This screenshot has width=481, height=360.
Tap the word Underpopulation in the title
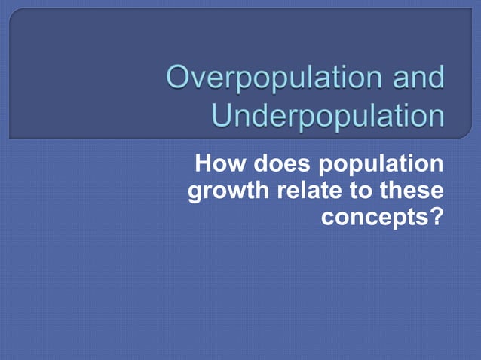coord(327,116)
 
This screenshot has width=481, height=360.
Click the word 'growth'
coord(228,192)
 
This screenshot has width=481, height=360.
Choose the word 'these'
coord(414,191)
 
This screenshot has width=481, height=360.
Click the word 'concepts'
coord(375,218)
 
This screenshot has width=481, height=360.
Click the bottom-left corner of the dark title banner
coord(11,138)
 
